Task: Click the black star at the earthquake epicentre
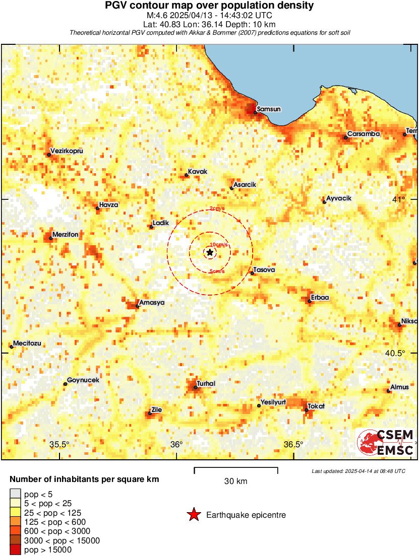(210, 252)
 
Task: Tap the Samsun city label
(268, 109)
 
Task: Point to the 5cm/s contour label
(217, 271)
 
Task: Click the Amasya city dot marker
(137, 306)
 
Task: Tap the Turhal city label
(206, 384)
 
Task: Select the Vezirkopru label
(67, 151)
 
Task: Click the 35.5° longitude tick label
(59, 445)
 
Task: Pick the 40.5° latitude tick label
(395, 353)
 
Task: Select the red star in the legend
(194, 515)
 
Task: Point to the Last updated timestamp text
(358, 471)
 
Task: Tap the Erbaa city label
(320, 298)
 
